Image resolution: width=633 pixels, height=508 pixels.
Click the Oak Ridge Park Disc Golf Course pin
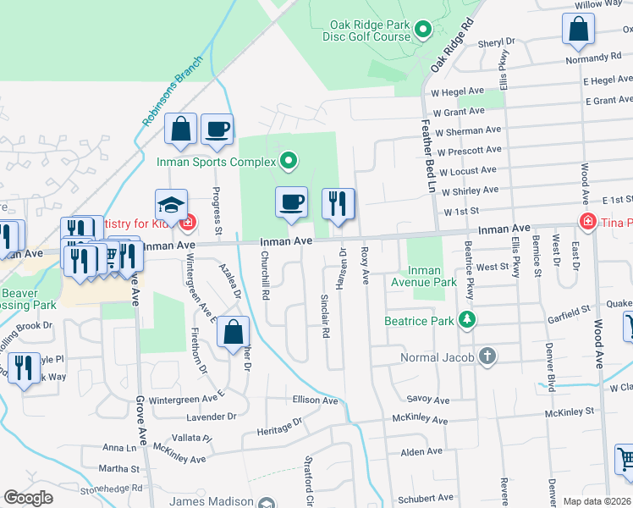(x=424, y=32)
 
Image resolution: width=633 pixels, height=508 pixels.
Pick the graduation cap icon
(x=170, y=204)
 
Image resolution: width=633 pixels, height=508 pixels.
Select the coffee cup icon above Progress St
(x=217, y=128)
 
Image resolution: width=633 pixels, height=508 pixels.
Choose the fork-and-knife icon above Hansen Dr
(x=338, y=202)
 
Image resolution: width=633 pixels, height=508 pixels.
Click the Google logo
(x=28, y=498)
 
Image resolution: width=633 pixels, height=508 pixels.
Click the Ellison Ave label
(x=315, y=400)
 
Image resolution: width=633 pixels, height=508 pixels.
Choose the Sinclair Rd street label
(x=324, y=315)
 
